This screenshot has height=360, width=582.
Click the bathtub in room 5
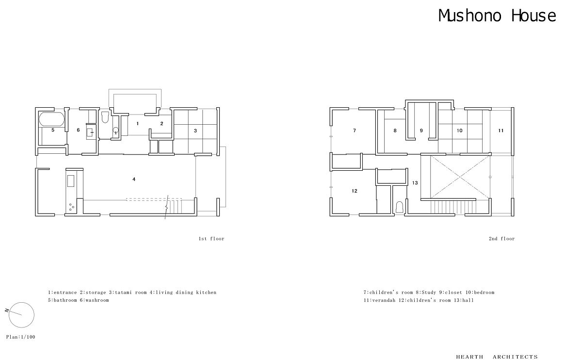[51, 119]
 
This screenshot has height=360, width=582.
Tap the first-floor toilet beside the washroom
[105, 117]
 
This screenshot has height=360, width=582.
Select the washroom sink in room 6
[90, 133]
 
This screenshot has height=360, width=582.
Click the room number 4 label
[134, 179]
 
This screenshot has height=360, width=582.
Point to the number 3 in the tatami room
[195, 131]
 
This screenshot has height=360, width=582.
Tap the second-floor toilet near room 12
[399, 207]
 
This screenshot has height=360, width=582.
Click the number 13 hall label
[415, 183]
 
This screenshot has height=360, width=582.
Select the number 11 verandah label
[501, 131]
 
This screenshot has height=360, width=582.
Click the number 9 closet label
[421, 131]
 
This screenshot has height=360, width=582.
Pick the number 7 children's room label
[355, 131]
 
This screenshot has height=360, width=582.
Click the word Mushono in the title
[469, 16]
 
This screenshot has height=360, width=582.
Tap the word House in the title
[533, 16]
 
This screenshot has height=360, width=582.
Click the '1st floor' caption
[211, 239]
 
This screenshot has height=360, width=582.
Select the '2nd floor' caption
[501, 239]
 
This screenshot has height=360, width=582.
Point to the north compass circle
[21, 302]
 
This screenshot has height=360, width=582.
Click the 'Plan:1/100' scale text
[21, 337]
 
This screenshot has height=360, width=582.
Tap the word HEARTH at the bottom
[469, 357]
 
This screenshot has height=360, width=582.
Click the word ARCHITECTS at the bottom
[515, 357]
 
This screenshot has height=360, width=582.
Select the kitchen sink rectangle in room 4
[71, 181]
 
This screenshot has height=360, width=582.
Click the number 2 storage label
[162, 123]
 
